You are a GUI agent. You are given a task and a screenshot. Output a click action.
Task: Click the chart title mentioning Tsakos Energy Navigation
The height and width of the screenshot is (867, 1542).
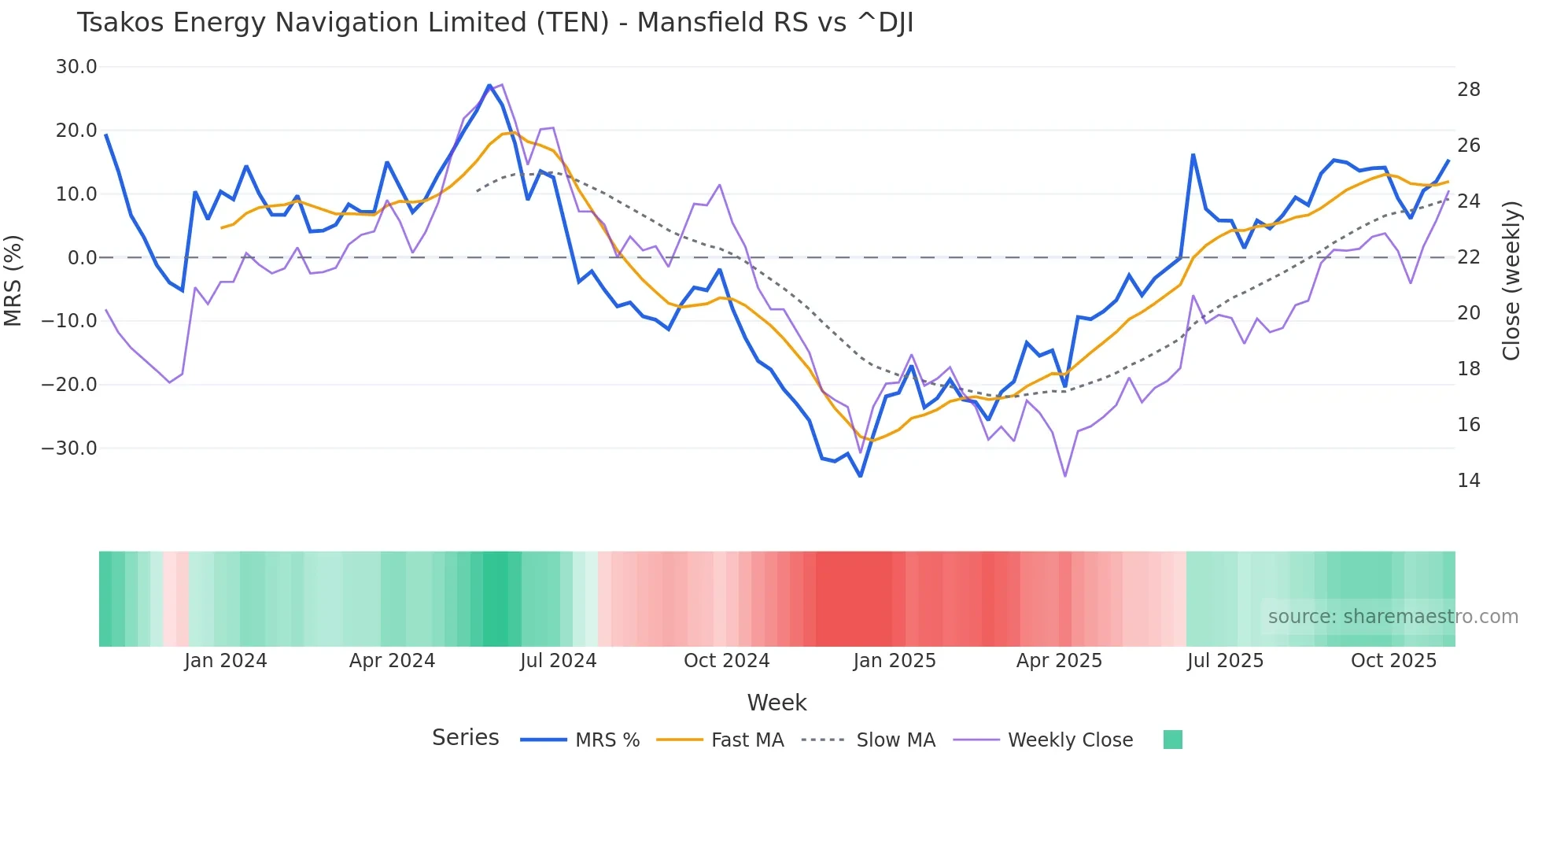click(x=495, y=23)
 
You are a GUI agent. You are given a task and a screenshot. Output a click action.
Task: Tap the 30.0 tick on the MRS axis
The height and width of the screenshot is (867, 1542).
click(x=76, y=67)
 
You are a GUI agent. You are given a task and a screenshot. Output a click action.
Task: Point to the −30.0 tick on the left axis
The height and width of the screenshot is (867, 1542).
click(x=69, y=448)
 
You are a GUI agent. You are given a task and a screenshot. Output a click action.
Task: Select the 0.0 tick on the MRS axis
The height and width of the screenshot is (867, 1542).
click(x=82, y=257)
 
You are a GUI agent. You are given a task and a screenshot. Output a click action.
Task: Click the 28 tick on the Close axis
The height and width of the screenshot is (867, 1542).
click(x=1468, y=90)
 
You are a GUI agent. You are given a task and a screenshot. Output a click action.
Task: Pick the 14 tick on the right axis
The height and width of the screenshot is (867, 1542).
click(x=1468, y=481)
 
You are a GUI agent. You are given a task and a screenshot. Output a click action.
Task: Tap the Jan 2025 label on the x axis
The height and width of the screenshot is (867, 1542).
click(x=895, y=661)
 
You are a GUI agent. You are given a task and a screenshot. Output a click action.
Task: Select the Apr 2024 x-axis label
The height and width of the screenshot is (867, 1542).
click(x=392, y=661)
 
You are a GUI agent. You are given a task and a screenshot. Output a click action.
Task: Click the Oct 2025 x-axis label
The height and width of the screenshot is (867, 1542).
click(x=1393, y=661)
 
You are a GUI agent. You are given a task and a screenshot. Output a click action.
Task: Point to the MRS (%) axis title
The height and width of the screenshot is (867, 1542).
click(x=13, y=280)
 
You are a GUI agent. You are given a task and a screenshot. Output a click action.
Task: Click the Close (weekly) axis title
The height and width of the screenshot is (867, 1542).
click(x=1511, y=280)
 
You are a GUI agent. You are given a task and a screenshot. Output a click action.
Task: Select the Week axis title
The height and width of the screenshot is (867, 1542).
click(x=777, y=703)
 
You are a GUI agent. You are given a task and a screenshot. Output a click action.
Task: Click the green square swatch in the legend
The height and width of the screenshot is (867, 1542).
click(x=1172, y=740)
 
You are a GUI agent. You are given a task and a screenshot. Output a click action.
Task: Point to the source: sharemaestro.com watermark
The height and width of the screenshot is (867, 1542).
click(x=1393, y=617)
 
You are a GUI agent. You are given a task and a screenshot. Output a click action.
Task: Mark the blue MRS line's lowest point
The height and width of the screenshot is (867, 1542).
click(x=861, y=476)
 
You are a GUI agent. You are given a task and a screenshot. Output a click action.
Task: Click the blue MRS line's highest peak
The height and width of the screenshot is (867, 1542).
click(x=489, y=85)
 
